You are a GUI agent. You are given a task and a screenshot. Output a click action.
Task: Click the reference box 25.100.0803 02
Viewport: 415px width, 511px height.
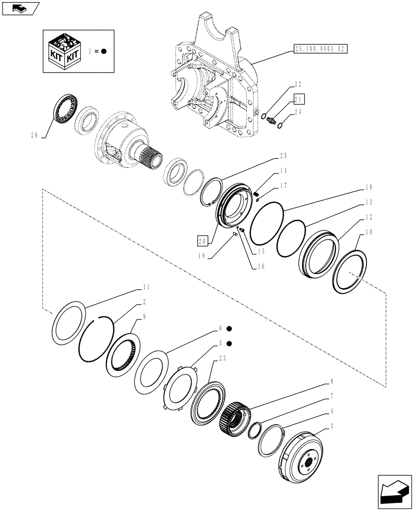320,49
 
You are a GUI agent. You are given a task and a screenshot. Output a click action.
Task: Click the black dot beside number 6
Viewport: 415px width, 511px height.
229,329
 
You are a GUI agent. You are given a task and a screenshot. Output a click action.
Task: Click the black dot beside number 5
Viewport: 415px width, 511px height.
229,343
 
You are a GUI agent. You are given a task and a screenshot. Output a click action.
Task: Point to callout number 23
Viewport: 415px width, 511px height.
222,359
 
